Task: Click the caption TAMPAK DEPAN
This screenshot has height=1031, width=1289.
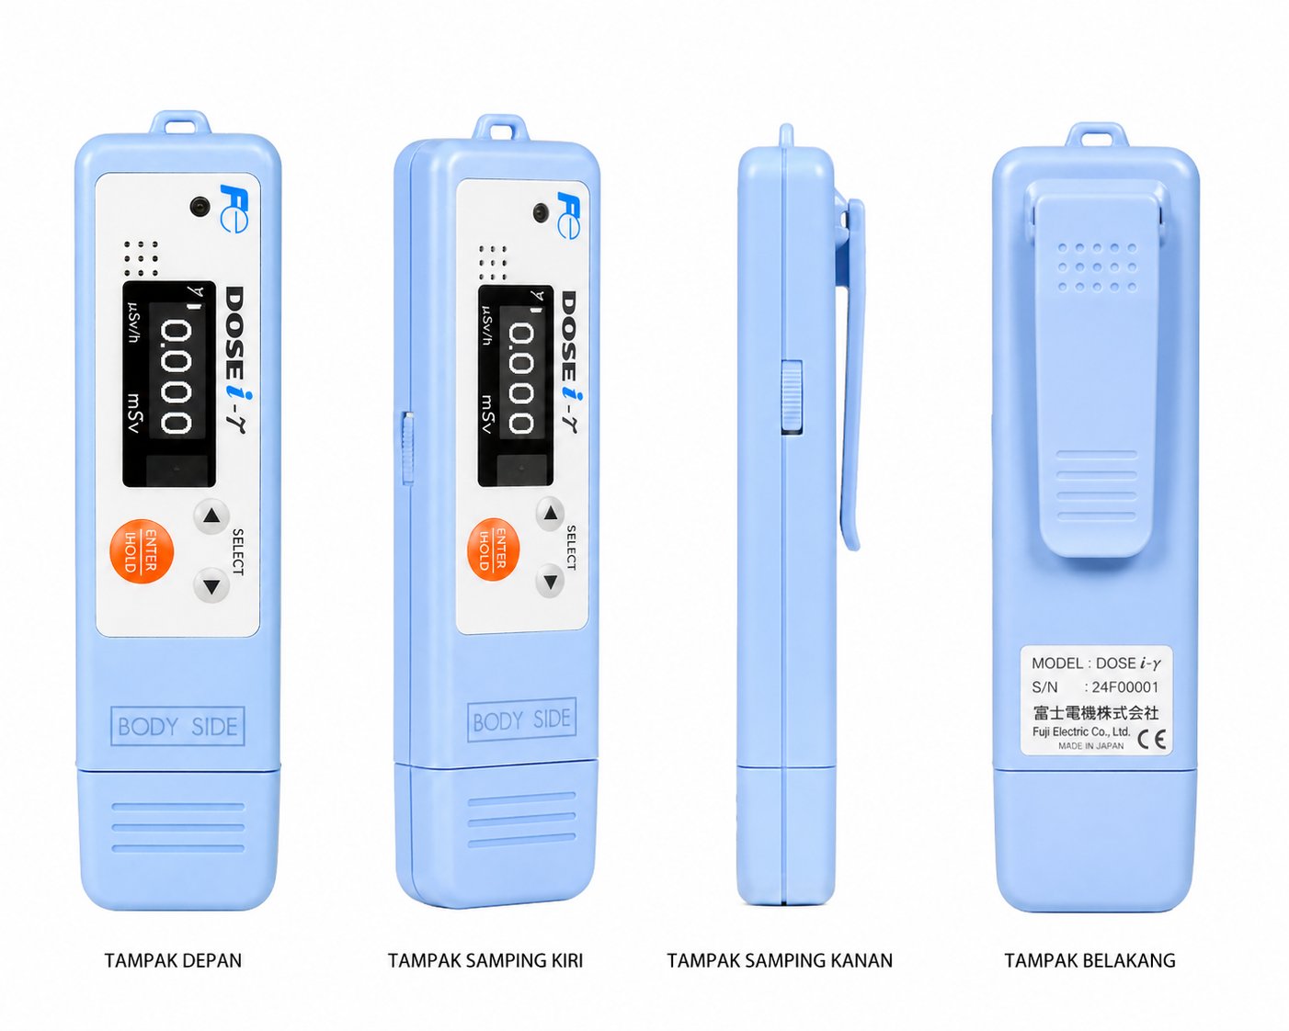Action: [173, 960]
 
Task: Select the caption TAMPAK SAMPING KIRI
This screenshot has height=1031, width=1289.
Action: [485, 960]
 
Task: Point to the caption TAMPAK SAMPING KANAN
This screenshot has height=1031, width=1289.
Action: [780, 960]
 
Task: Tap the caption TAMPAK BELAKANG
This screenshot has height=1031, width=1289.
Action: [1090, 960]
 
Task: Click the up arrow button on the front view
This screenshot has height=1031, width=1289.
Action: [211, 515]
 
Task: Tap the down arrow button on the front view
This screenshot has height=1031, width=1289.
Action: [211, 585]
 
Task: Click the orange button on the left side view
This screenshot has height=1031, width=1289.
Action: [493, 549]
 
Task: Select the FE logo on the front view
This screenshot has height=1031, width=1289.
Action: [234, 208]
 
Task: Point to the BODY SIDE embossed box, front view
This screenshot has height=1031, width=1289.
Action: [177, 726]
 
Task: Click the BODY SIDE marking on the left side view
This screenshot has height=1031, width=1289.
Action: [521, 719]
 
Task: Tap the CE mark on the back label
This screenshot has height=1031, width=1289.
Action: [1152, 740]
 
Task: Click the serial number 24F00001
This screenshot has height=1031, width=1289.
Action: [1125, 687]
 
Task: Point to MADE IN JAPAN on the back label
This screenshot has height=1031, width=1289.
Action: [1090, 746]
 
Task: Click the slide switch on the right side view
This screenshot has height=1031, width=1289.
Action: [792, 396]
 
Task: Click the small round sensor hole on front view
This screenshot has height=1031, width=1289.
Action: [200, 207]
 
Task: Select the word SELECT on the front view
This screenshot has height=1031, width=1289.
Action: [238, 552]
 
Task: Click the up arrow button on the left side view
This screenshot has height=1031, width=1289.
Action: [551, 513]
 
